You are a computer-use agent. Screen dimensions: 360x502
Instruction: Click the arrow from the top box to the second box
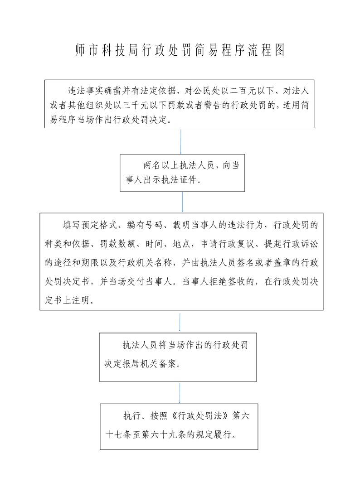click(181, 141)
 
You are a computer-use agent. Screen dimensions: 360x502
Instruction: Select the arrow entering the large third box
click(183, 202)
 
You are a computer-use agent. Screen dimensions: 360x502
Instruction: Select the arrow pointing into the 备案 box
click(180, 322)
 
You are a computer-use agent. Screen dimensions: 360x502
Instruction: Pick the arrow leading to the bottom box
click(180, 393)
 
